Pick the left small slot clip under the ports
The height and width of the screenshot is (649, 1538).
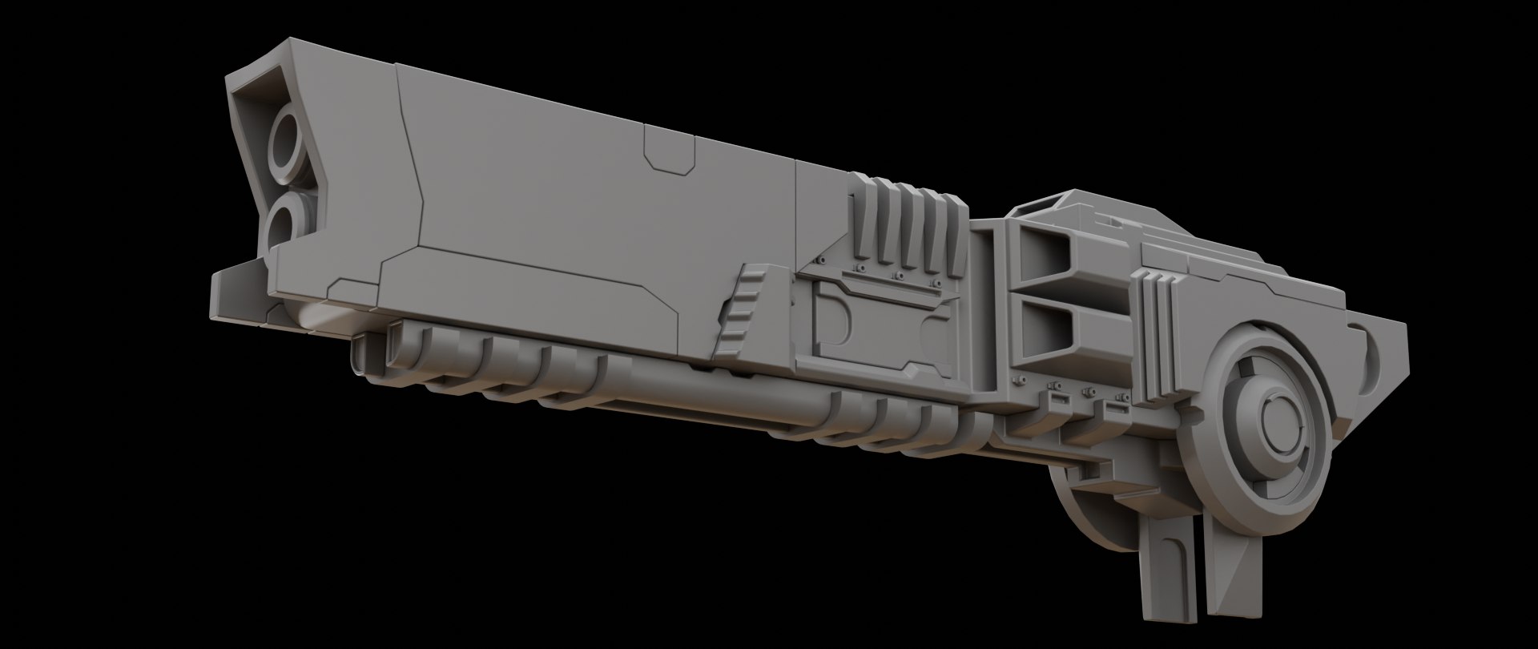pyautogui.click(x=1057, y=398)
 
